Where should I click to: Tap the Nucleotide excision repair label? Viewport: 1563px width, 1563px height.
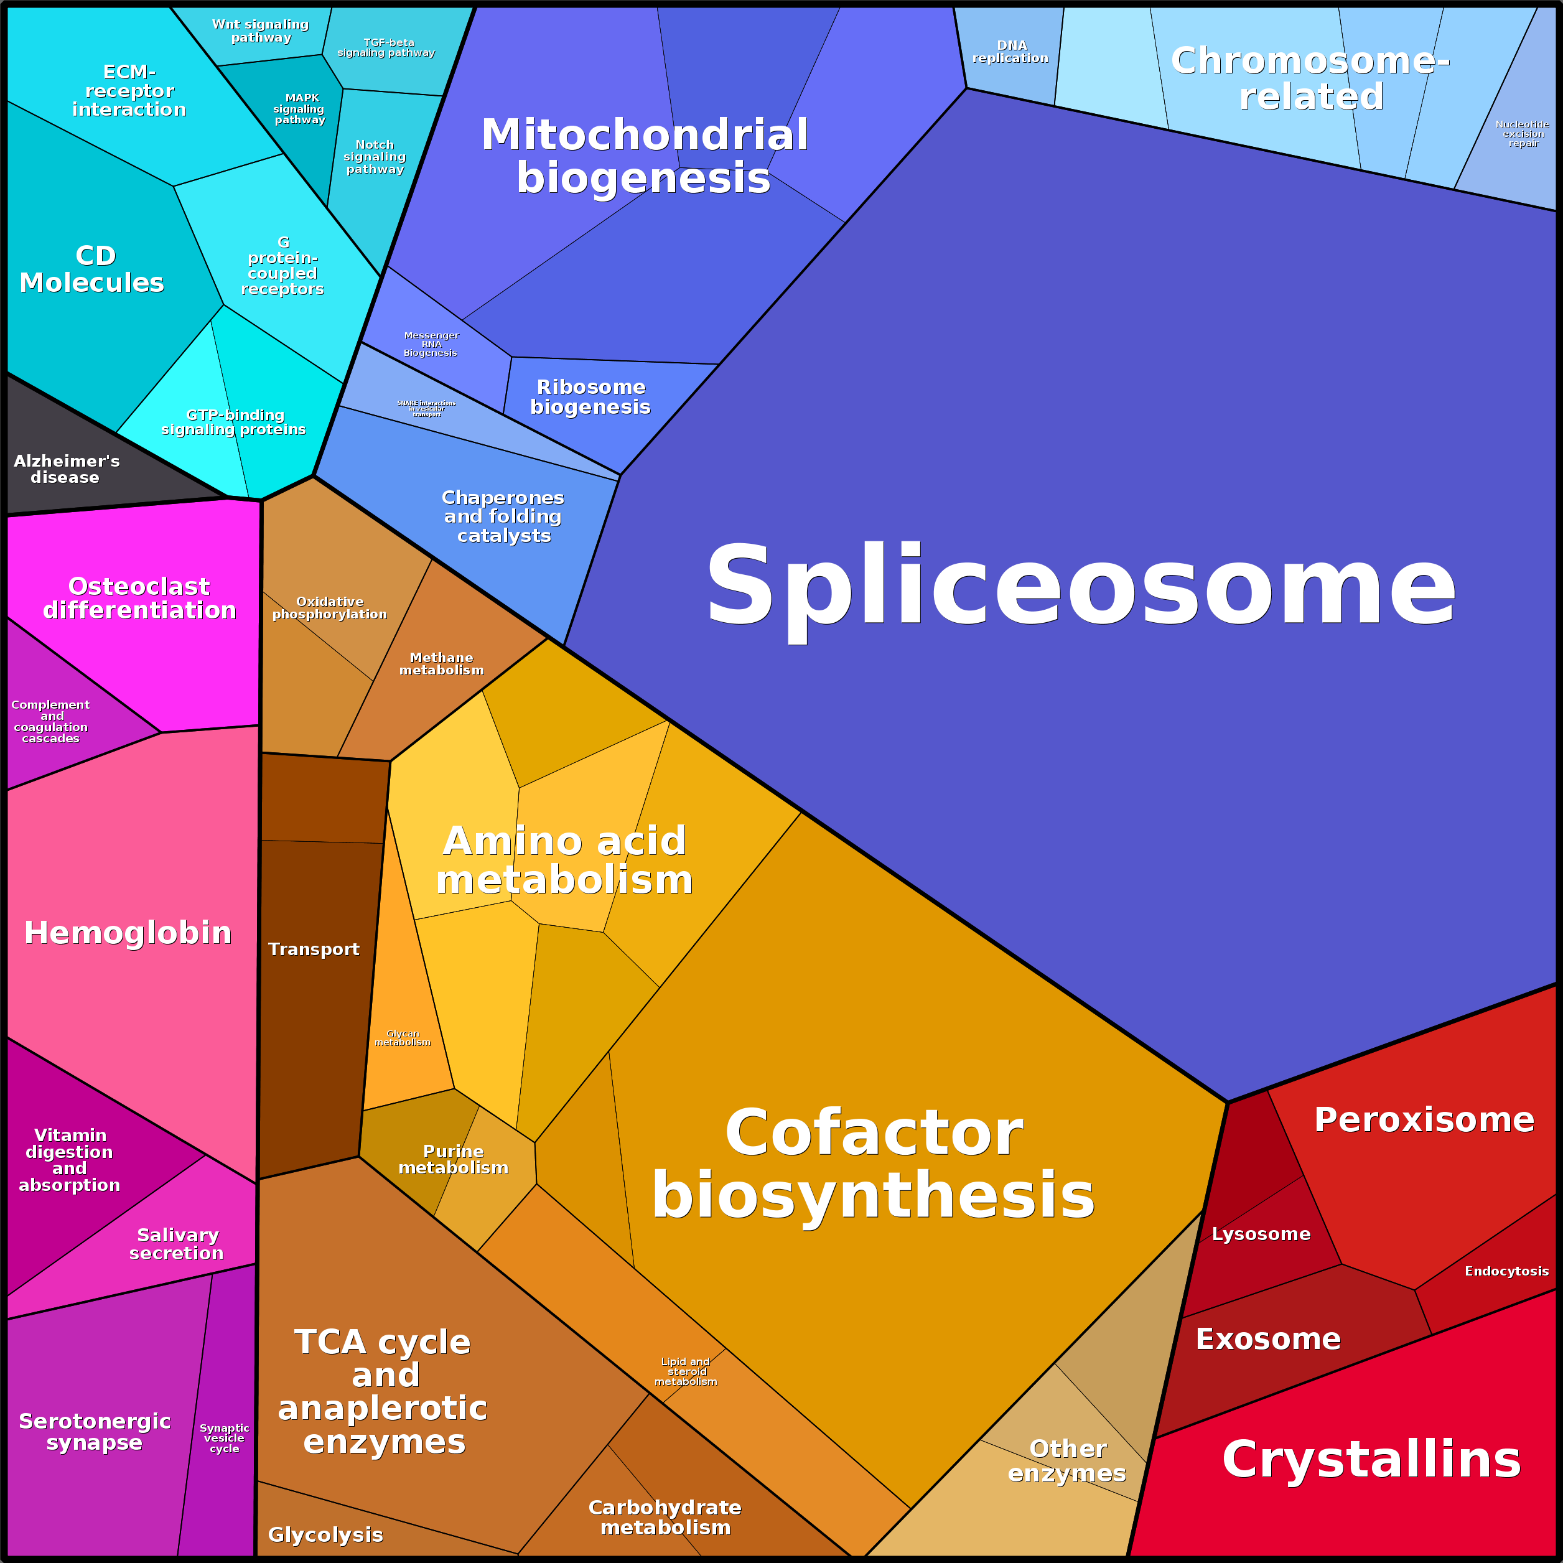point(1523,134)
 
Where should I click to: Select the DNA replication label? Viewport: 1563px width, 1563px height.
point(1010,52)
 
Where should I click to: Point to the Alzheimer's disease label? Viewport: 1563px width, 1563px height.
point(67,469)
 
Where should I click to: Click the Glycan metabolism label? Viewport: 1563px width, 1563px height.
point(403,1038)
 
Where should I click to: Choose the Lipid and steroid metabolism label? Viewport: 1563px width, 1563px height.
point(686,1371)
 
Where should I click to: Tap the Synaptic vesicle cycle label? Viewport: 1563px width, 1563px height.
point(224,1439)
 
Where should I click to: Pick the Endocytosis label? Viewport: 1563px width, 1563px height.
point(1506,1271)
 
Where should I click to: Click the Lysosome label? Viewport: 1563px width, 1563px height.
point(1261,1234)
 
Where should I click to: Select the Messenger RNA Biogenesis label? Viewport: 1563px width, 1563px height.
point(431,344)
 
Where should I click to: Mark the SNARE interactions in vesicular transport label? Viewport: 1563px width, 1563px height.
point(426,409)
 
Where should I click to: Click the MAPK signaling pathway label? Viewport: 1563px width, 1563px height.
point(300,108)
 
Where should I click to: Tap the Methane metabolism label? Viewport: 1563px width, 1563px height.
point(442,663)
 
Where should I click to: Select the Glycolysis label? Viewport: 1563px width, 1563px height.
point(325,1534)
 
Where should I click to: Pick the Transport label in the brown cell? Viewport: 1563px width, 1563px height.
point(314,949)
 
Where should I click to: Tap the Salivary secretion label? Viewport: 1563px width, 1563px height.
point(177,1243)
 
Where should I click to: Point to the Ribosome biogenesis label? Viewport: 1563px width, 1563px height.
point(590,396)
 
